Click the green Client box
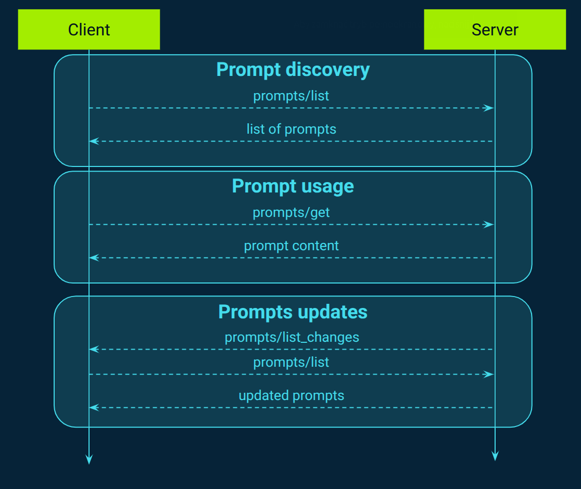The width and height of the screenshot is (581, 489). tap(89, 30)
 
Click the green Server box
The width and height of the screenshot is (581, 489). tap(495, 30)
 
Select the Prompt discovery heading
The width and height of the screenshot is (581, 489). tap(293, 70)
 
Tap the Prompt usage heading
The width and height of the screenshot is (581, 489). tap(293, 186)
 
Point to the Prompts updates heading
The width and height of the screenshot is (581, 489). tap(293, 312)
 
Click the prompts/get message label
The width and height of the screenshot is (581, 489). tap(291, 213)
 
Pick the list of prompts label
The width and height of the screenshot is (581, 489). tap(291, 129)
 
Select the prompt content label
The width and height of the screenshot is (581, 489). tap(291, 246)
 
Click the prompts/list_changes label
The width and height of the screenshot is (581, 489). tap(292, 337)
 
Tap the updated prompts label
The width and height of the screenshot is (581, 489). tap(291, 395)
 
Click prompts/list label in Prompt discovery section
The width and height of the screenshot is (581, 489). tap(291, 96)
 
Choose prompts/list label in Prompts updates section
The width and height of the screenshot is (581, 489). tap(291, 362)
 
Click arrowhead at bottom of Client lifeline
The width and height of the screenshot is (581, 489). tap(89, 459)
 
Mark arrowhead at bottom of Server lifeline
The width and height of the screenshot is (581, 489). tap(495, 456)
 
